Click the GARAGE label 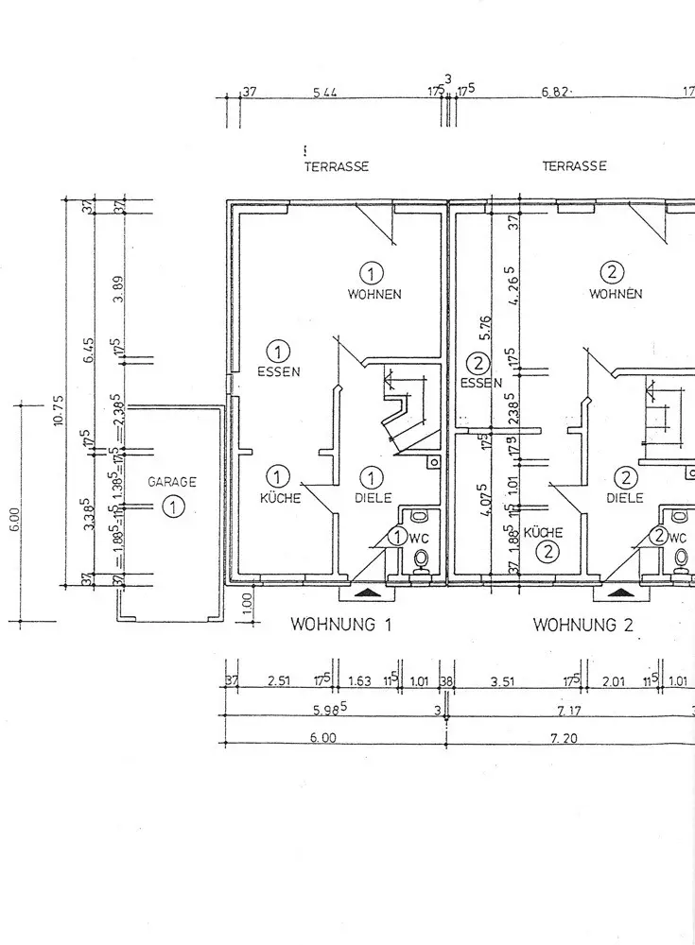pyautogui.click(x=172, y=482)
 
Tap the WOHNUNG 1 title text pyautogui.click(x=340, y=625)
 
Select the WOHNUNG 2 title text pyautogui.click(x=582, y=625)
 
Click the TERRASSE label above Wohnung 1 pyautogui.click(x=336, y=166)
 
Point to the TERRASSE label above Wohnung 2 pyautogui.click(x=574, y=166)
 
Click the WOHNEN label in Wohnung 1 pyautogui.click(x=374, y=295)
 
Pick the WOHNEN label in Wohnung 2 pyautogui.click(x=616, y=294)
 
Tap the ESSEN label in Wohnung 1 pyautogui.click(x=278, y=371)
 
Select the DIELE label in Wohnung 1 pyautogui.click(x=373, y=498)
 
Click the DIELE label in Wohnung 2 pyautogui.click(x=625, y=498)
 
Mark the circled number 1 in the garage pyautogui.click(x=173, y=507)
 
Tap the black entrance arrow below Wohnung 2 pyautogui.click(x=621, y=593)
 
